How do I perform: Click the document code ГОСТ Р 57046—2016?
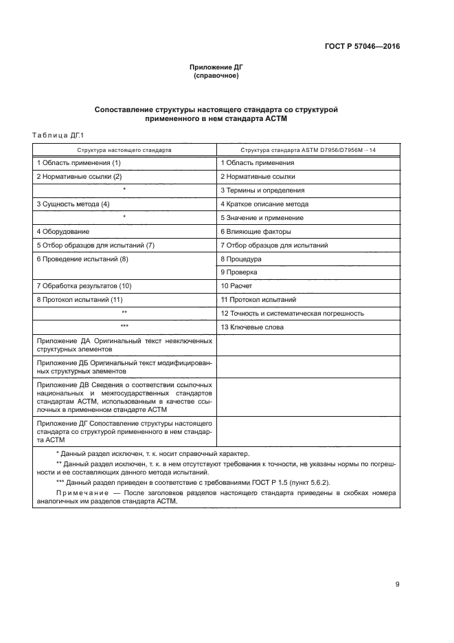tap(362, 47)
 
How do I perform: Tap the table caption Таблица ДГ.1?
tap(58, 135)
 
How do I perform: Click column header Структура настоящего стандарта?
tap(124, 149)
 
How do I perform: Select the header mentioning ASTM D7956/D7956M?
tap(308, 149)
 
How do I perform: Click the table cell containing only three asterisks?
tap(124, 327)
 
